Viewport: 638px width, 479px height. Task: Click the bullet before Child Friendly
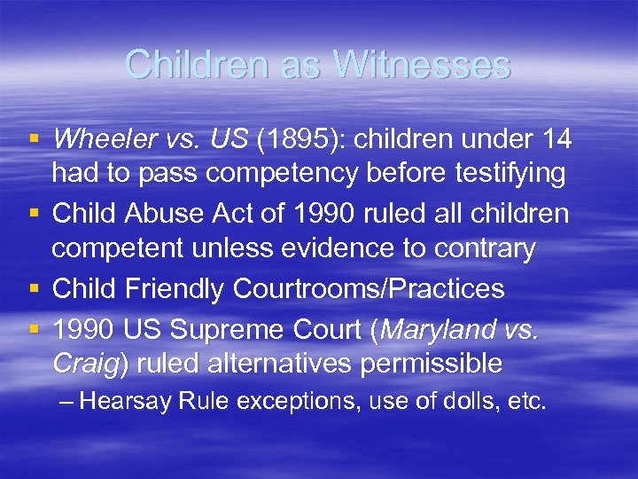point(34,288)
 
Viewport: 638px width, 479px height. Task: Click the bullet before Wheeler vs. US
point(34,138)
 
